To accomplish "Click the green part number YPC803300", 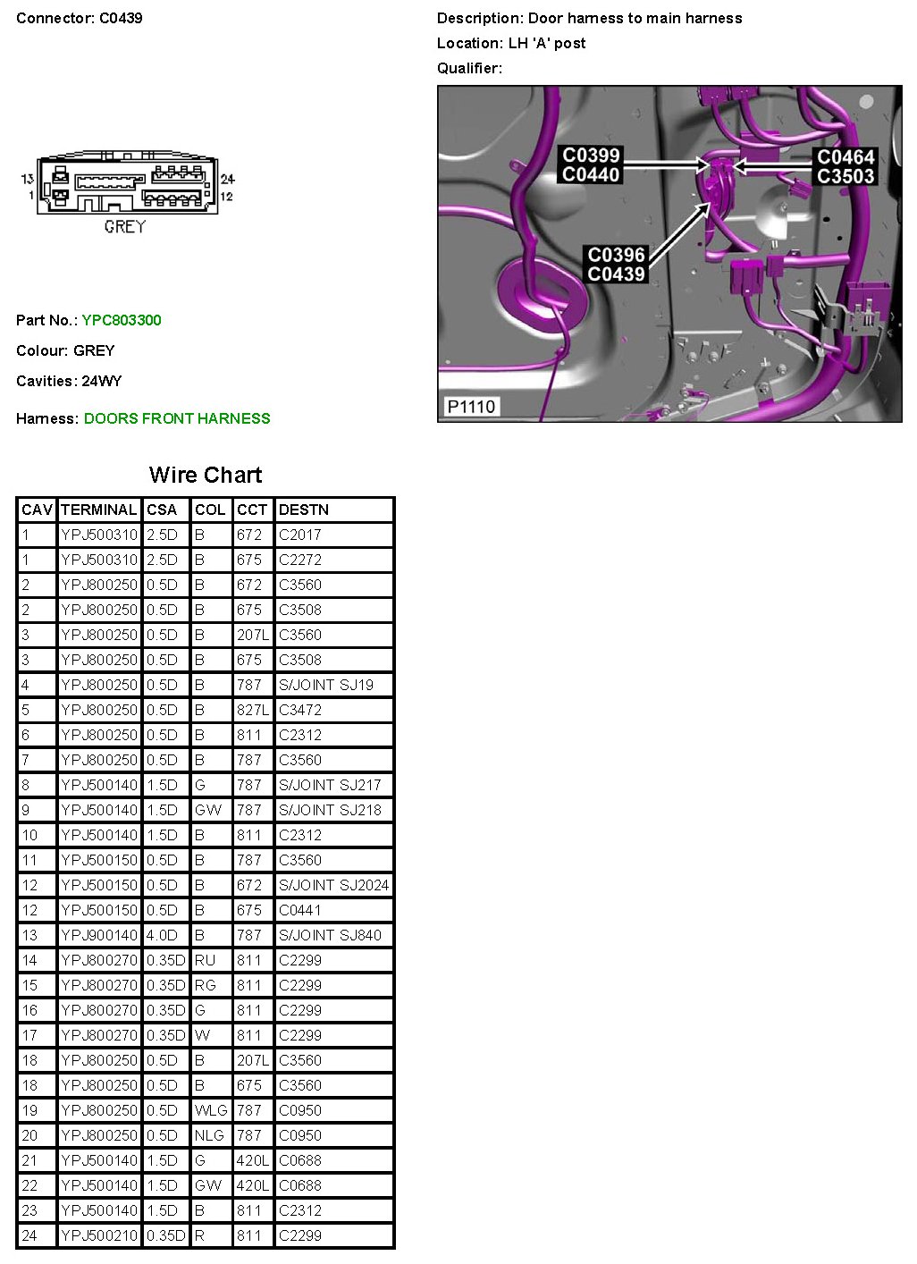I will point(122,320).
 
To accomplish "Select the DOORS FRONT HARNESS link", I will point(177,418).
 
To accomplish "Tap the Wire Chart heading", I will point(206,475).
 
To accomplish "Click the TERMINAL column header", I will point(98,510).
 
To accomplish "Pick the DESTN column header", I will point(304,510).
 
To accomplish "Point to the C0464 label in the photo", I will point(845,156).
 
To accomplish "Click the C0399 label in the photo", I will point(591,155).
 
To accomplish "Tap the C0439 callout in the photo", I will point(616,274).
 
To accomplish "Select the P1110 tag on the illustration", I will point(471,407).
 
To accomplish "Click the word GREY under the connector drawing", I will point(124,226).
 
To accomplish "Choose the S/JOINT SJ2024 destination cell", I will point(333,885).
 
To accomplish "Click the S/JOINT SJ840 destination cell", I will point(330,935).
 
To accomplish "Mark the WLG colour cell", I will point(211,1110).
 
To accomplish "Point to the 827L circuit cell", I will point(252,710).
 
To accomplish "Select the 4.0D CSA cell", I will point(162,935).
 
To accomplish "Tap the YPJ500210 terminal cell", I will point(99,1235).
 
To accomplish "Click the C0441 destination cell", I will point(299,910).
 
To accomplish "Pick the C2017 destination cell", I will point(299,535).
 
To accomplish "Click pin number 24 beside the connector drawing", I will point(227,179).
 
